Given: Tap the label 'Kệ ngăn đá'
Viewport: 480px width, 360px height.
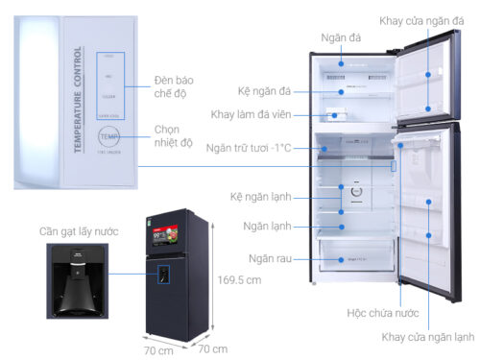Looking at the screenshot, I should pos(264,90).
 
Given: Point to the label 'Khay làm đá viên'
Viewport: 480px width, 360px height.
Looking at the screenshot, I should pos(252,116).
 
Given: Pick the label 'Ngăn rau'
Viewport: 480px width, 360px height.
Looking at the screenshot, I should pos(269,258).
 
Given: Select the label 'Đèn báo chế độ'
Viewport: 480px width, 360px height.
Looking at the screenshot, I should pos(176,87).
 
